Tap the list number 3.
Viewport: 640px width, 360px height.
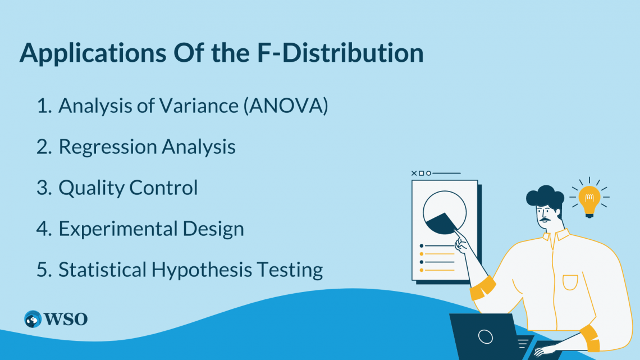coord(43,188)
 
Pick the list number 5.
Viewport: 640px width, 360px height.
coord(43,270)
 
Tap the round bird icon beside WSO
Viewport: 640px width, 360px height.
coord(33,320)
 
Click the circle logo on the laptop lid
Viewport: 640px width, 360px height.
coord(485,336)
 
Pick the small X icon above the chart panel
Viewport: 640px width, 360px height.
coord(414,174)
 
